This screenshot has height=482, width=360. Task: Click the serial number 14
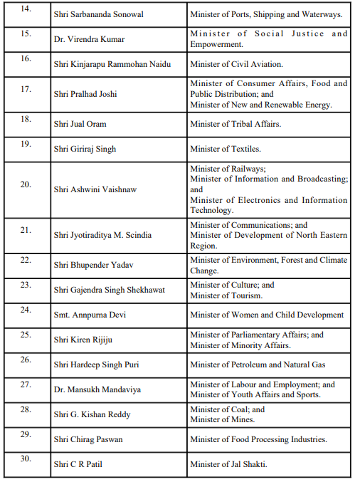[x=26, y=9]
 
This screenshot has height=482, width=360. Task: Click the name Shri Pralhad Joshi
[x=85, y=94]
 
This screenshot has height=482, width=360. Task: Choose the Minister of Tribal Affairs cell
[x=235, y=124]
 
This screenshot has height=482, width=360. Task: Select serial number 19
[x=26, y=144]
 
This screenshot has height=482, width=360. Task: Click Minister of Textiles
[x=225, y=149]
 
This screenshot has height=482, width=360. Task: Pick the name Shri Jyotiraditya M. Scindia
[x=102, y=235]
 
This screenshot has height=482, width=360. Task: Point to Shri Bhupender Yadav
[x=91, y=265]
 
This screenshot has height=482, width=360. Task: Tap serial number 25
[x=26, y=334]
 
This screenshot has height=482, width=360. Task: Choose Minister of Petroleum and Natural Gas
[x=258, y=365]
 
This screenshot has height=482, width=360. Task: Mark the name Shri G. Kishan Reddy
[x=92, y=414]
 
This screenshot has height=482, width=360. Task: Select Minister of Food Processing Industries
[x=258, y=439]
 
